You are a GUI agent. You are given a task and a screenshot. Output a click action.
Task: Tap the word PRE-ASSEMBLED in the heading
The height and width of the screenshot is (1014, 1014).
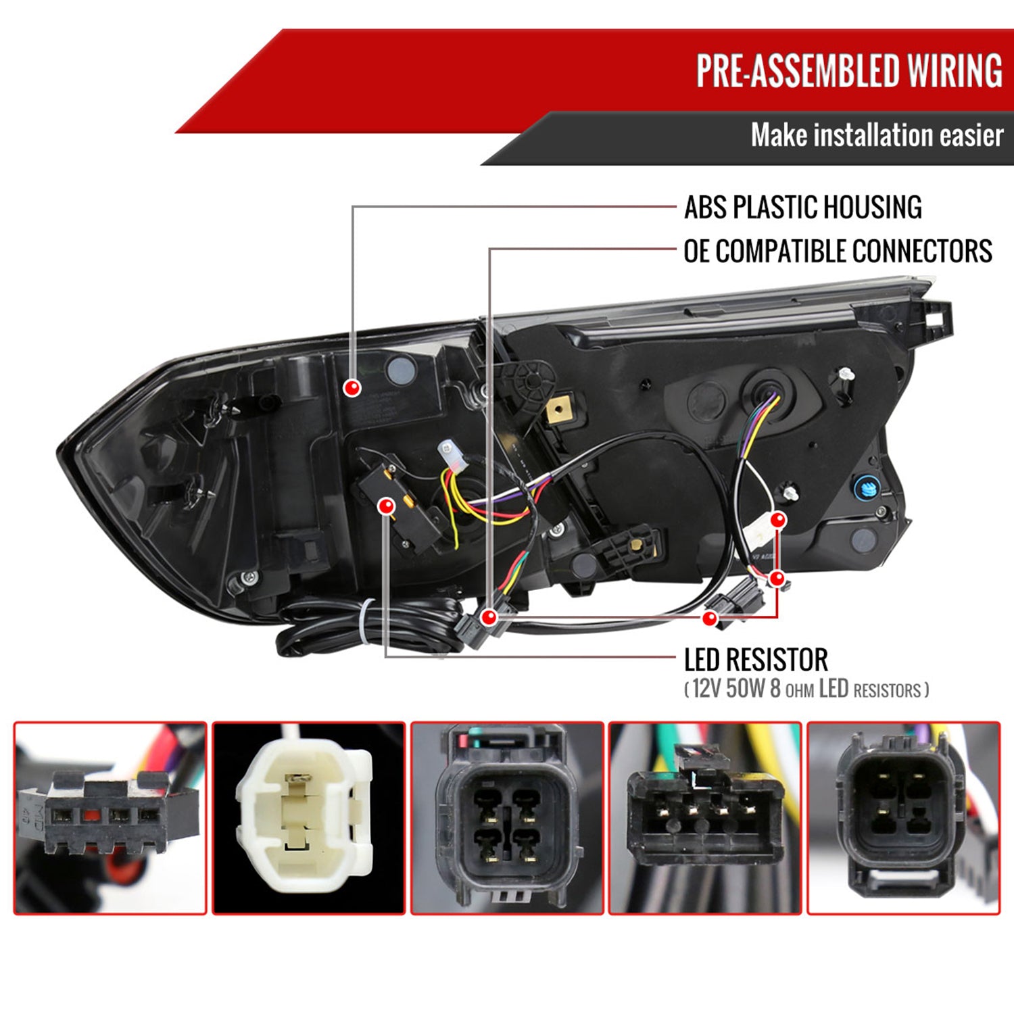798,71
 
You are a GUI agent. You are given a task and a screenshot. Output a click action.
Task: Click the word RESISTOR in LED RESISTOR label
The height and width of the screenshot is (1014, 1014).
785,660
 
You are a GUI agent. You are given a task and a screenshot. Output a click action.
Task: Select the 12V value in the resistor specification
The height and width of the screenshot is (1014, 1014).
706,689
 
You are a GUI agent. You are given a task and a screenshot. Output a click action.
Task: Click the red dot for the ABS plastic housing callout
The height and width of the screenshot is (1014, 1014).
352,388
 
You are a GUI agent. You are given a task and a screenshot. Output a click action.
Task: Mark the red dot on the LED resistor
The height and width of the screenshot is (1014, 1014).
387,506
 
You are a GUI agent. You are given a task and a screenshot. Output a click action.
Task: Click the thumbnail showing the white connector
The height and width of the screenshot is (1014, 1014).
309,818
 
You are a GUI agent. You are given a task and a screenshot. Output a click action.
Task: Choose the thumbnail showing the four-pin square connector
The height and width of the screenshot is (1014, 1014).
507,818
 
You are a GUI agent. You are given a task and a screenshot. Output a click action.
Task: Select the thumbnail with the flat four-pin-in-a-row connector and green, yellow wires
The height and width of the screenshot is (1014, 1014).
705,818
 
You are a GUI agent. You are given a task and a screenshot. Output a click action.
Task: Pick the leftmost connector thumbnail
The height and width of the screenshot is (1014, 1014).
110,818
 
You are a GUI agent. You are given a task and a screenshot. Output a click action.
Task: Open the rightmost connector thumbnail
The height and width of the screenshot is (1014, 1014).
903,818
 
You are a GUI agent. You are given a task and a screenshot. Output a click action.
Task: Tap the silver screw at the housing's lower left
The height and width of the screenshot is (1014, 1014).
250,577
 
